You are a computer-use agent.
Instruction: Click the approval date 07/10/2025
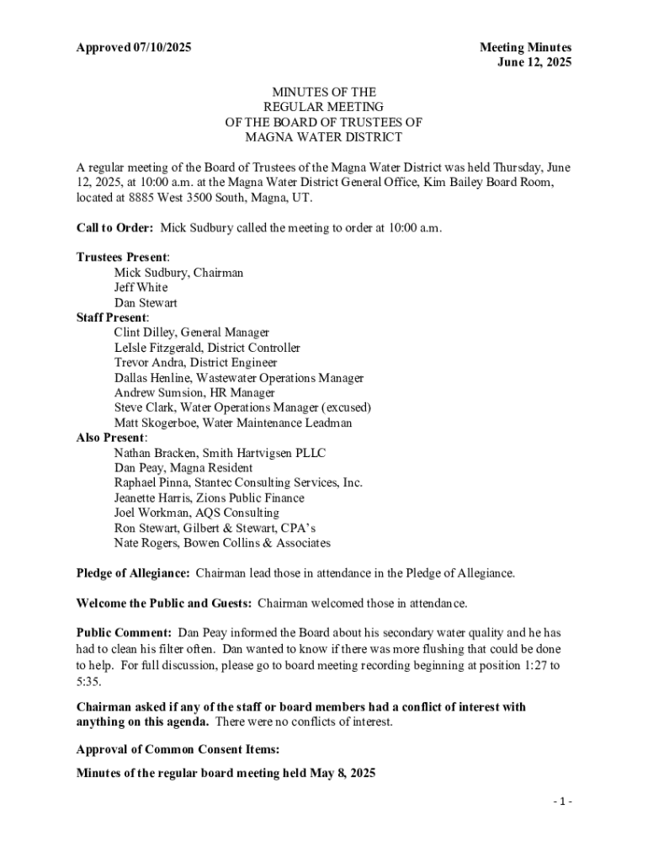[162, 48]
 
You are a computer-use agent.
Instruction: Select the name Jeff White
[141, 288]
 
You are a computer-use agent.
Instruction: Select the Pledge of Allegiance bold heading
[133, 574]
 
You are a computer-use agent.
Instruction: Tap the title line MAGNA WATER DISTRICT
[323, 137]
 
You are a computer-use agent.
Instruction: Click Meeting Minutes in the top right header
[525, 48]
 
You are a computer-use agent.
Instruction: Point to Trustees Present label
[122, 258]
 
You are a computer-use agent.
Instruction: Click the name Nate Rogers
[146, 544]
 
